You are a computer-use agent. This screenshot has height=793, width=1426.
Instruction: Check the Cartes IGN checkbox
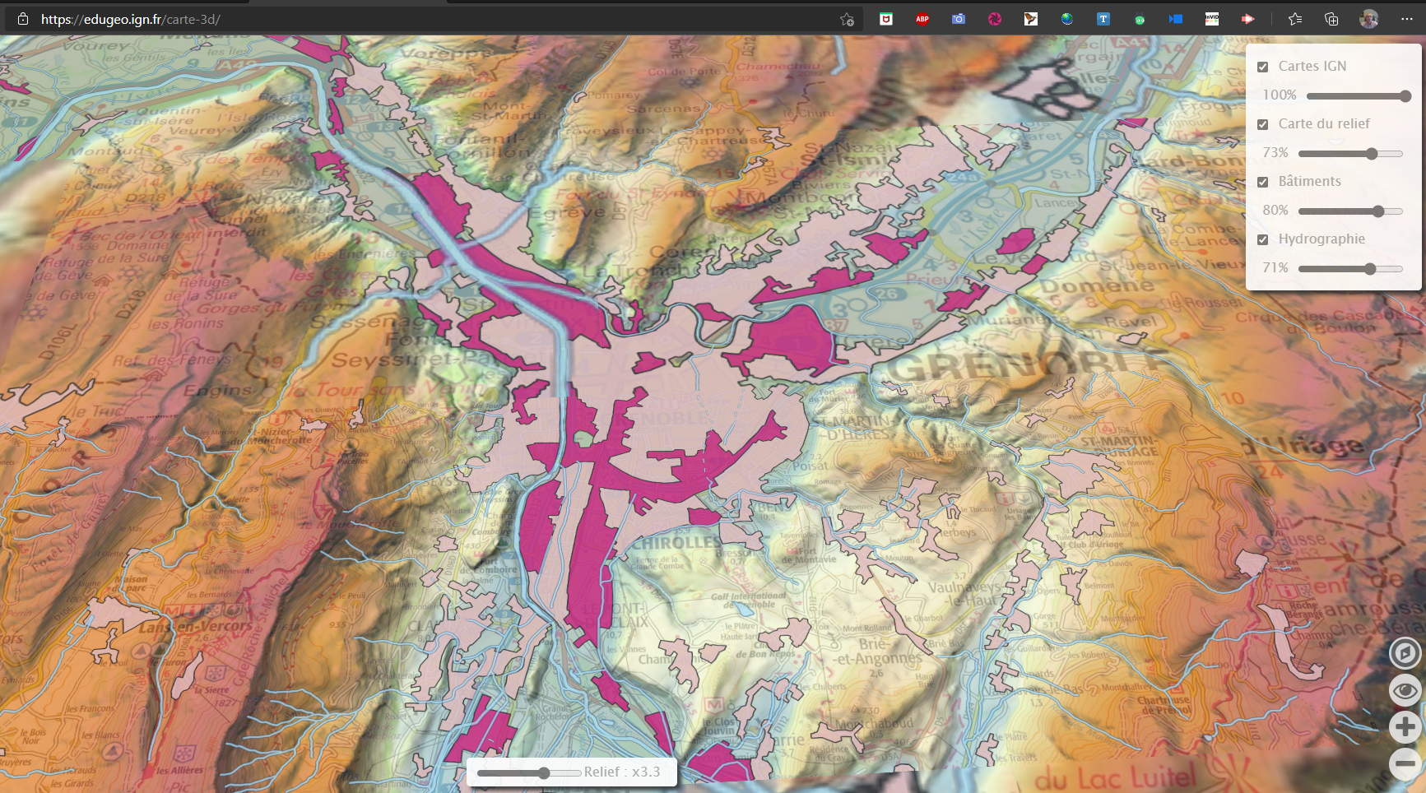[1263, 67]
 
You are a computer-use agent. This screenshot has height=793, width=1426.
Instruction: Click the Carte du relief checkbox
[1263, 124]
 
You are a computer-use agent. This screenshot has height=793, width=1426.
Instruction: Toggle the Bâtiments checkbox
[1263, 182]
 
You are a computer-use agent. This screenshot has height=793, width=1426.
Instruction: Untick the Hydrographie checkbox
[1263, 239]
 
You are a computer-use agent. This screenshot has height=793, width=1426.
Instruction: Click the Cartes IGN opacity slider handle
[1405, 96]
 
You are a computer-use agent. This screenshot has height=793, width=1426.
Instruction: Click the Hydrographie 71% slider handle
[1370, 269]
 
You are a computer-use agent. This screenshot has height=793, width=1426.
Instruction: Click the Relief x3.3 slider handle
[544, 773]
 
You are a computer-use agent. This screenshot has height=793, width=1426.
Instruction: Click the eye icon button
[1405, 690]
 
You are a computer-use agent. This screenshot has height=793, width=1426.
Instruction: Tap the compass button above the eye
[1405, 653]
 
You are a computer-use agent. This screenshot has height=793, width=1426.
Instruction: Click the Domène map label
[1096, 285]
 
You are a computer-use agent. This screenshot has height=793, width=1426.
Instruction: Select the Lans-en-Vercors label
[196, 627]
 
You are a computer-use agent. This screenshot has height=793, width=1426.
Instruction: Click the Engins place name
[217, 390]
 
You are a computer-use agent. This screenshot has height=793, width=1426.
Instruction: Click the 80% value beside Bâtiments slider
[1275, 211]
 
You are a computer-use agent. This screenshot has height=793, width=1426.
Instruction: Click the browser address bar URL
[131, 19]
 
